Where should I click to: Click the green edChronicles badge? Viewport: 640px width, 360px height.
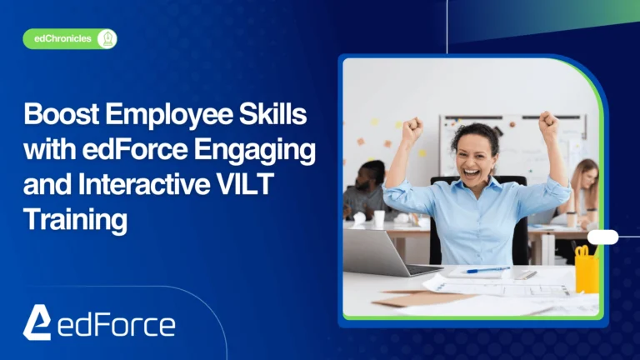coord(70,38)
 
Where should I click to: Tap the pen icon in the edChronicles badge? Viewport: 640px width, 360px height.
coord(107,38)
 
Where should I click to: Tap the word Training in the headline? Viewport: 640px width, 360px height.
coord(75,221)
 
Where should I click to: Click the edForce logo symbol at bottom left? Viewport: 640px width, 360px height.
coord(36,322)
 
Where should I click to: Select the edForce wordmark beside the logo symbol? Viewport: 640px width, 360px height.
coord(117,323)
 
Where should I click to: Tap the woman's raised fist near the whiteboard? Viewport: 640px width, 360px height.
coord(547,126)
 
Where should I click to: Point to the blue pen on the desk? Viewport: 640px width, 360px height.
coord(487,269)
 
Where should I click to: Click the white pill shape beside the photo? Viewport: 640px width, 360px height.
coord(602,237)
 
